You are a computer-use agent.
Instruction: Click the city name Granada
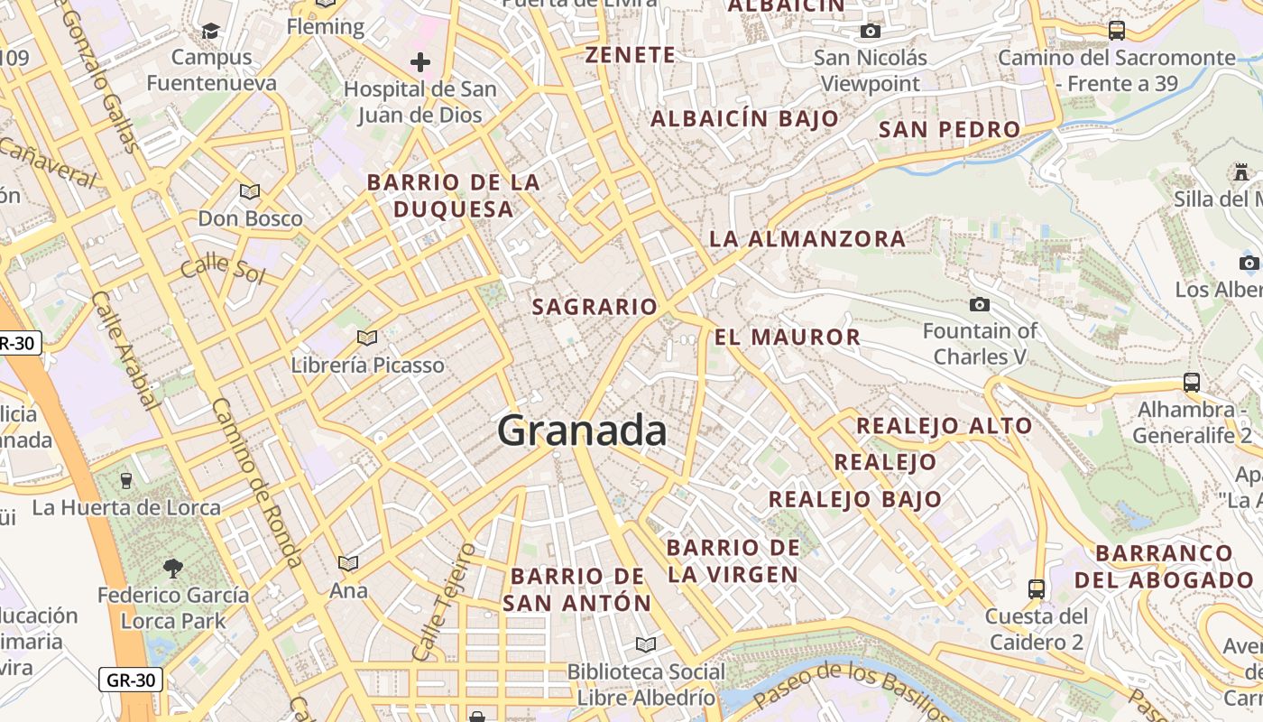(x=582, y=430)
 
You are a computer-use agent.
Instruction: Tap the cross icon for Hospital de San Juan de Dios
(x=420, y=62)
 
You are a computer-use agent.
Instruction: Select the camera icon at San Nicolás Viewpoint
(x=870, y=32)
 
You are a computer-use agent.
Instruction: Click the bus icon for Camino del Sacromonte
(x=1117, y=31)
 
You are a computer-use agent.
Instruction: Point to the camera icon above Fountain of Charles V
(x=979, y=305)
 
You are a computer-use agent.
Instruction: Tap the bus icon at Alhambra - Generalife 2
(x=1191, y=383)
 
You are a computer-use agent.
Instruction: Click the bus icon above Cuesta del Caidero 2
(x=1036, y=589)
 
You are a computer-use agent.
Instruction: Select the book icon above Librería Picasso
(x=366, y=338)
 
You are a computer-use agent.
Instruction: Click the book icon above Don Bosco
(x=250, y=191)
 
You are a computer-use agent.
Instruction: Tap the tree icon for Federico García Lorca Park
(x=172, y=569)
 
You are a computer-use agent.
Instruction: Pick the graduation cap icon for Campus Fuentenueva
(x=210, y=31)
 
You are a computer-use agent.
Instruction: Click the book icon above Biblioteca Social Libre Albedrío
(x=645, y=644)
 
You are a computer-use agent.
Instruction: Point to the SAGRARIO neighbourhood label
(x=595, y=307)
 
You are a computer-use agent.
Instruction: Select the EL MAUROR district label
(x=788, y=338)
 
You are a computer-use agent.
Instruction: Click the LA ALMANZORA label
(x=807, y=238)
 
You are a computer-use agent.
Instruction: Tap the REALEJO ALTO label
(x=944, y=425)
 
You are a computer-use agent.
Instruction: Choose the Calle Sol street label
(x=222, y=270)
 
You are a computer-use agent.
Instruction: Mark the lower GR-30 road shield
(x=131, y=680)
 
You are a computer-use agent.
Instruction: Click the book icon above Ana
(x=348, y=564)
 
